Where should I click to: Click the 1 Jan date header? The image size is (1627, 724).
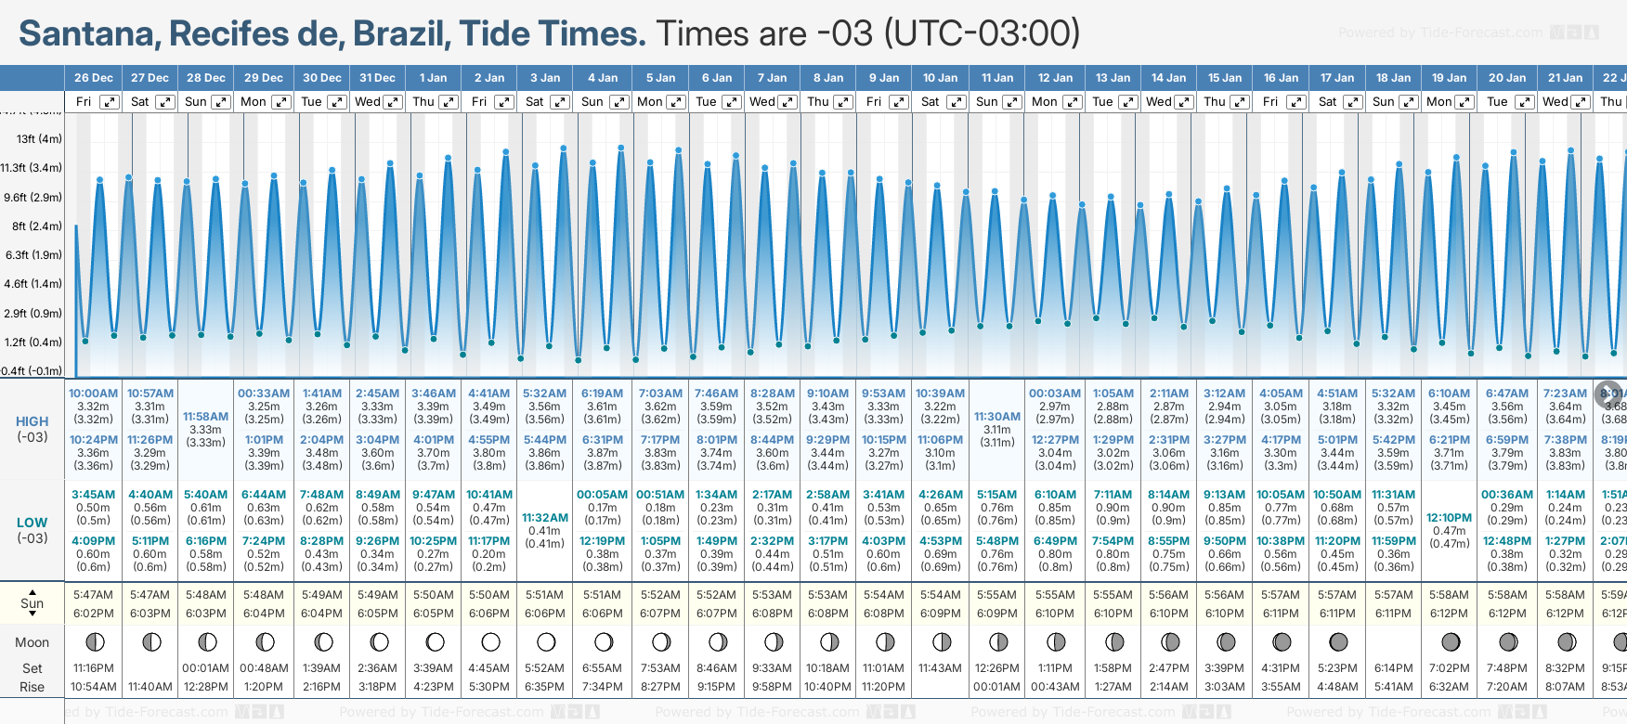[x=433, y=78]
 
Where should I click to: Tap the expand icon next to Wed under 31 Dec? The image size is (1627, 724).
[x=393, y=102]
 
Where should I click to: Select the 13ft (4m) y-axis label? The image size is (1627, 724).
[x=39, y=139]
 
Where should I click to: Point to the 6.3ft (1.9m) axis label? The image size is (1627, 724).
[x=33, y=254]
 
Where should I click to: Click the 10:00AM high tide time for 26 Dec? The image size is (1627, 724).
[x=93, y=394]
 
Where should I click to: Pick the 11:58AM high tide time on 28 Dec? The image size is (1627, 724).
[x=205, y=417]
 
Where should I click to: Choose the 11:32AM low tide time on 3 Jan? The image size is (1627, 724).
[x=544, y=518]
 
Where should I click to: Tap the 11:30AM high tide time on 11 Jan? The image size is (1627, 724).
[x=997, y=417]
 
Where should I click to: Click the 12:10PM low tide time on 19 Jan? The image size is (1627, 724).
[x=1449, y=518]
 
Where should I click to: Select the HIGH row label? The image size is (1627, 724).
[x=32, y=421]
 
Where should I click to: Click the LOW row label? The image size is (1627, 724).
[x=32, y=523]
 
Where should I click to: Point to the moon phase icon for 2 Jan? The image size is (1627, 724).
[x=490, y=641]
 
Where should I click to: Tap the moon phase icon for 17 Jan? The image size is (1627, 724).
[x=1338, y=641]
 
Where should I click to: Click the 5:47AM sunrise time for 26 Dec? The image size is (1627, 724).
[x=93, y=595]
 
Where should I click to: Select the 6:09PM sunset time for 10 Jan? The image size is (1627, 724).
[x=940, y=614]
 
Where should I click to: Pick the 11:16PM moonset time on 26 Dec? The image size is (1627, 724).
[x=93, y=668]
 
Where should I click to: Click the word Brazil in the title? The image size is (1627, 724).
[x=401, y=34]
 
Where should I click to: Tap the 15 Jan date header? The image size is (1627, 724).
[x=1225, y=78]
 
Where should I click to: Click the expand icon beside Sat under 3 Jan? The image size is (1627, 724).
[x=560, y=102]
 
